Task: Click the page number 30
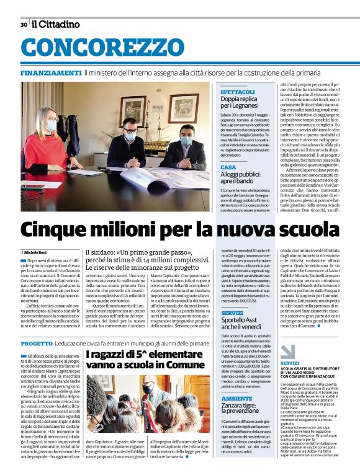[23, 24]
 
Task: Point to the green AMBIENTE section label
[236, 398]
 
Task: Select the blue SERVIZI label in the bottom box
[290, 362]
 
